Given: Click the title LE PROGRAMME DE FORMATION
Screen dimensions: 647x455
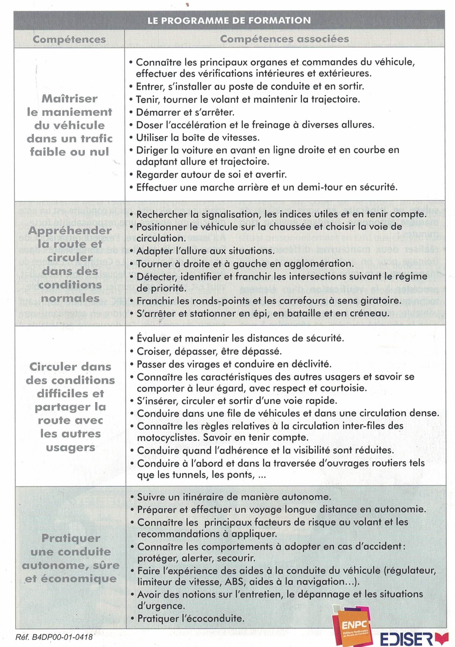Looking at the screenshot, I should (x=229, y=21).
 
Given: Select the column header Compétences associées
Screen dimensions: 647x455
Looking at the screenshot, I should (x=284, y=39).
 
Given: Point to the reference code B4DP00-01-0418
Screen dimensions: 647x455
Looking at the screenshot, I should (x=54, y=637).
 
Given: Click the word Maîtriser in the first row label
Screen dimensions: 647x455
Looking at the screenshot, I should (x=70, y=99).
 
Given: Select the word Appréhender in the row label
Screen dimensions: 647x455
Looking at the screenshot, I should (x=70, y=231).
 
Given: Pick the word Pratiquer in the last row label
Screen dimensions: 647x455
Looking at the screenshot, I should (x=71, y=538).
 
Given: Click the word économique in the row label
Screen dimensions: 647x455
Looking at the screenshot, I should (x=79, y=578).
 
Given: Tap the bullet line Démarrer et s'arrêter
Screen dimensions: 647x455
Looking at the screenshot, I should (x=185, y=112).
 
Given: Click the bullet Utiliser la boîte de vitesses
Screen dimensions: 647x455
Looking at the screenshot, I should (x=198, y=138).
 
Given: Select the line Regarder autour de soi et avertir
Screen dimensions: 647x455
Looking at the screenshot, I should (x=211, y=175).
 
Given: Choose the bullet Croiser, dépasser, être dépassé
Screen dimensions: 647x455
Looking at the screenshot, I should (x=209, y=351).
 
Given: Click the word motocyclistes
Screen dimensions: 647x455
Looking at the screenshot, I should (x=168, y=437).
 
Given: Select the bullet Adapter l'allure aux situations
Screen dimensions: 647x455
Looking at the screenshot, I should (x=205, y=250).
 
